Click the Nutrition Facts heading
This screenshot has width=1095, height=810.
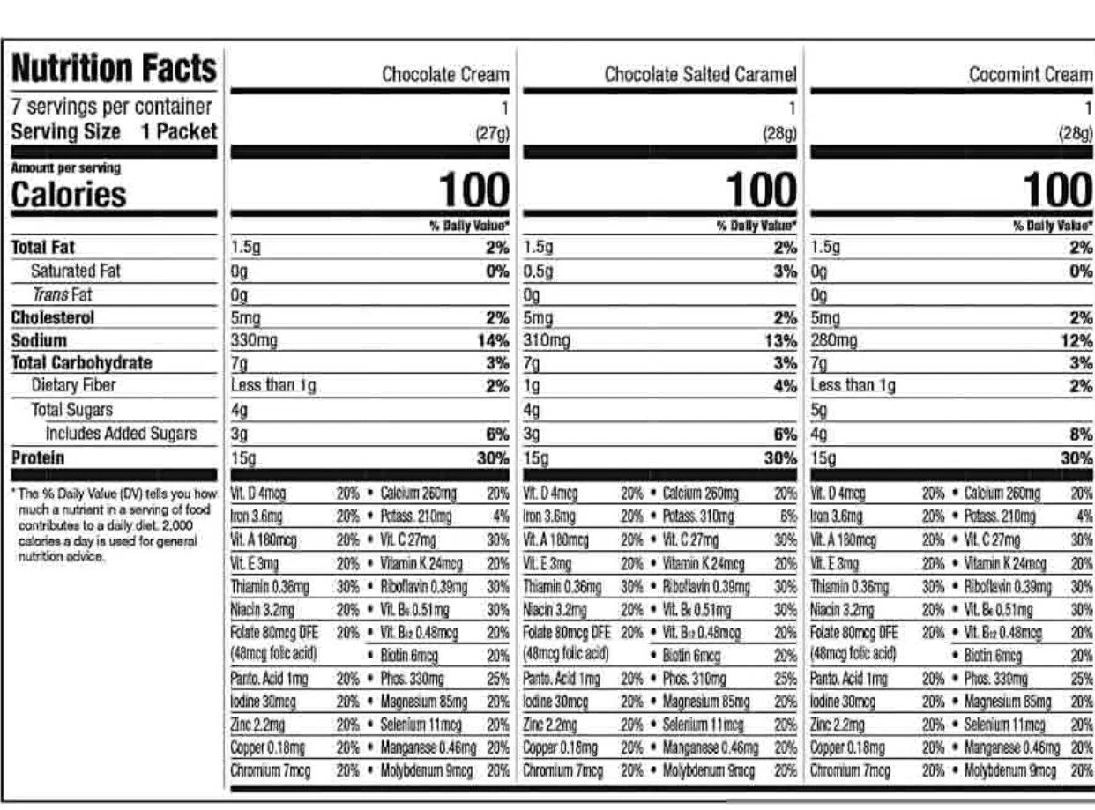pyautogui.click(x=113, y=69)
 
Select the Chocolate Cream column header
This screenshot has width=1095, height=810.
pyautogui.click(x=445, y=75)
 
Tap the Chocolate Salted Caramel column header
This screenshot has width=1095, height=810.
pyautogui.click(x=700, y=75)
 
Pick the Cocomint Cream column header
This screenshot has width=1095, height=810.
pyautogui.click(x=1030, y=75)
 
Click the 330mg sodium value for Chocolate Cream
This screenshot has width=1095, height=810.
pyautogui.click(x=254, y=340)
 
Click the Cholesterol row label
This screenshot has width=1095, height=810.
pyautogui.click(x=53, y=317)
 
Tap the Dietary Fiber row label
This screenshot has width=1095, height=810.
pyautogui.click(x=73, y=385)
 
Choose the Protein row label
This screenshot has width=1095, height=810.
pyautogui.click(x=38, y=457)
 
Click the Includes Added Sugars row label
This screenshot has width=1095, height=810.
pyautogui.click(x=121, y=433)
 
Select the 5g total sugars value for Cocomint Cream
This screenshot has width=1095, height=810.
pyautogui.click(x=819, y=410)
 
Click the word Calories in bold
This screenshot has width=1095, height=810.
pyautogui.click(x=69, y=195)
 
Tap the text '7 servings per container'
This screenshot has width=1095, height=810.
pyautogui.click(x=111, y=108)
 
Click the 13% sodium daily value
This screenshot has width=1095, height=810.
pyautogui.click(x=781, y=340)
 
